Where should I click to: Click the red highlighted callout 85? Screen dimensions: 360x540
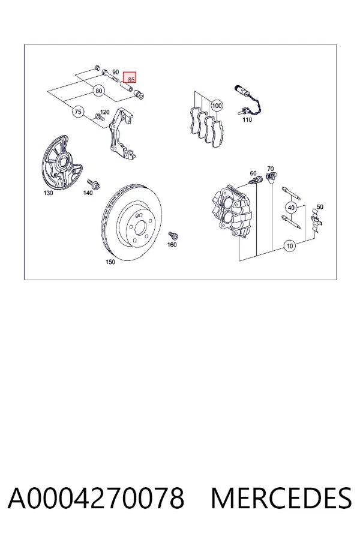tap(130, 77)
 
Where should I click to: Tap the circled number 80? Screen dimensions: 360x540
tap(99, 91)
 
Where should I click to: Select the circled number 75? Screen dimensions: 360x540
tap(78, 112)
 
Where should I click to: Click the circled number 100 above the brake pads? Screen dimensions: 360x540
tap(217, 106)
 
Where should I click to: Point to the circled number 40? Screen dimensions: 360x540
tap(291, 208)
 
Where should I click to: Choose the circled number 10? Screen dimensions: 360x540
tap(290, 246)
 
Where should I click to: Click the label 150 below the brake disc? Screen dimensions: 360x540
tap(110, 262)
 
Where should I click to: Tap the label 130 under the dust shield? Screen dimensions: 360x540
tap(48, 193)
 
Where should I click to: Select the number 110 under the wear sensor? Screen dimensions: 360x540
tap(247, 120)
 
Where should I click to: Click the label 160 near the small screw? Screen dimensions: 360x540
tap(172, 245)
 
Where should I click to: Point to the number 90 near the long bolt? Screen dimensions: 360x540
tap(115, 72)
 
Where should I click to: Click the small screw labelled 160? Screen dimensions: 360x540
tap(173, 236)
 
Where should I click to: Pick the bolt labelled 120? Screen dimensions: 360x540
tap(100, 117)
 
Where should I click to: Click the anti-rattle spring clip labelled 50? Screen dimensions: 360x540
tap(316, 220)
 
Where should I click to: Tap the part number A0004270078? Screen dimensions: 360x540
tap(96, 498)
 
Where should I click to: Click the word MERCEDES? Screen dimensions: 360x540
tap(281, 498)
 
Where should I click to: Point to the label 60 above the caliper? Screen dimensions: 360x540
tap(253, 173)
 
